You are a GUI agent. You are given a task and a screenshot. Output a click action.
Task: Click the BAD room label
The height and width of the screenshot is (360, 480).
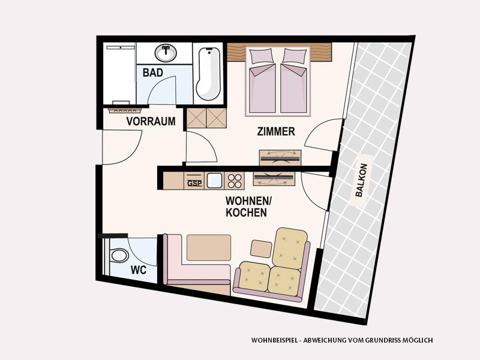click(x=153, y=73)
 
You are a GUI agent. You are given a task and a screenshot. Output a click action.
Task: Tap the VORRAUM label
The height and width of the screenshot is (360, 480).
click(x=151, y=121)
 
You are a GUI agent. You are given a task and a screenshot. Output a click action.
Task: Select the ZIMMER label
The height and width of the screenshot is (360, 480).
click(x=276, y=131)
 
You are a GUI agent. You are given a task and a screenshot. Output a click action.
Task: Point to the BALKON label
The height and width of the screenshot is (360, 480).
click(x=361, y=180)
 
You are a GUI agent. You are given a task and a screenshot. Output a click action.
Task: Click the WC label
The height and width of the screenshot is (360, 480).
click(x=139, y=270)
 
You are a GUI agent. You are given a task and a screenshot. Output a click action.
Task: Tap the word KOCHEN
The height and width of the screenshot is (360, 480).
click(x=246, y=212)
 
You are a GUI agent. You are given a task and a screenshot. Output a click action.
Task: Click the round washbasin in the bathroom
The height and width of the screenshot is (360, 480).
click(x=166, y=53)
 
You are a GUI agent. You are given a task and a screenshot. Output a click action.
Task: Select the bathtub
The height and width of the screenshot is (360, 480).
click(x=208, y=74)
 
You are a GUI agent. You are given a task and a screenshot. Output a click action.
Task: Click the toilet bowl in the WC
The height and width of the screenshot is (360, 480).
click(x=119, y=256)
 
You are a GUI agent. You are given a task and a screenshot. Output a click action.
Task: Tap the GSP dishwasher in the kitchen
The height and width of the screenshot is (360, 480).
click(x=194, y=181)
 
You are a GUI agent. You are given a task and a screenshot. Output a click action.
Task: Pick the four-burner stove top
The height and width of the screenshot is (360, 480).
click(x=235, y=181)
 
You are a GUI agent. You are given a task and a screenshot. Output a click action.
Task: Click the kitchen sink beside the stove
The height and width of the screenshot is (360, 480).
click(x=214, y=181)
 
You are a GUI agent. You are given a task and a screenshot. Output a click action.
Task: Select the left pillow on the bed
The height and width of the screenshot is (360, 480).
click(x=261, y=55)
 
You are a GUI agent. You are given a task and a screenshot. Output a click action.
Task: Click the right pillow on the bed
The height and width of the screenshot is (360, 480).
click(x=295, y=55)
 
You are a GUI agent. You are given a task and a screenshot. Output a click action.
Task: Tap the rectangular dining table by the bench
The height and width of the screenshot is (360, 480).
click(x=209, y=248)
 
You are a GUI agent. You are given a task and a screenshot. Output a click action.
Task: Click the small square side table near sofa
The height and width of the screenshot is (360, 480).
click(x=261, y=248)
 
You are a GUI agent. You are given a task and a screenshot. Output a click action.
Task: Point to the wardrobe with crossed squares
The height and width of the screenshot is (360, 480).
click(x=206, y=118)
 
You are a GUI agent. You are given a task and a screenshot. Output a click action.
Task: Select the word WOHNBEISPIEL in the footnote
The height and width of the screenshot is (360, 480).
click(x=275, y=340)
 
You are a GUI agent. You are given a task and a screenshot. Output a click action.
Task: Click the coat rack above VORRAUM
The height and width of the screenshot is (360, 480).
click(x=125, y=110)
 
